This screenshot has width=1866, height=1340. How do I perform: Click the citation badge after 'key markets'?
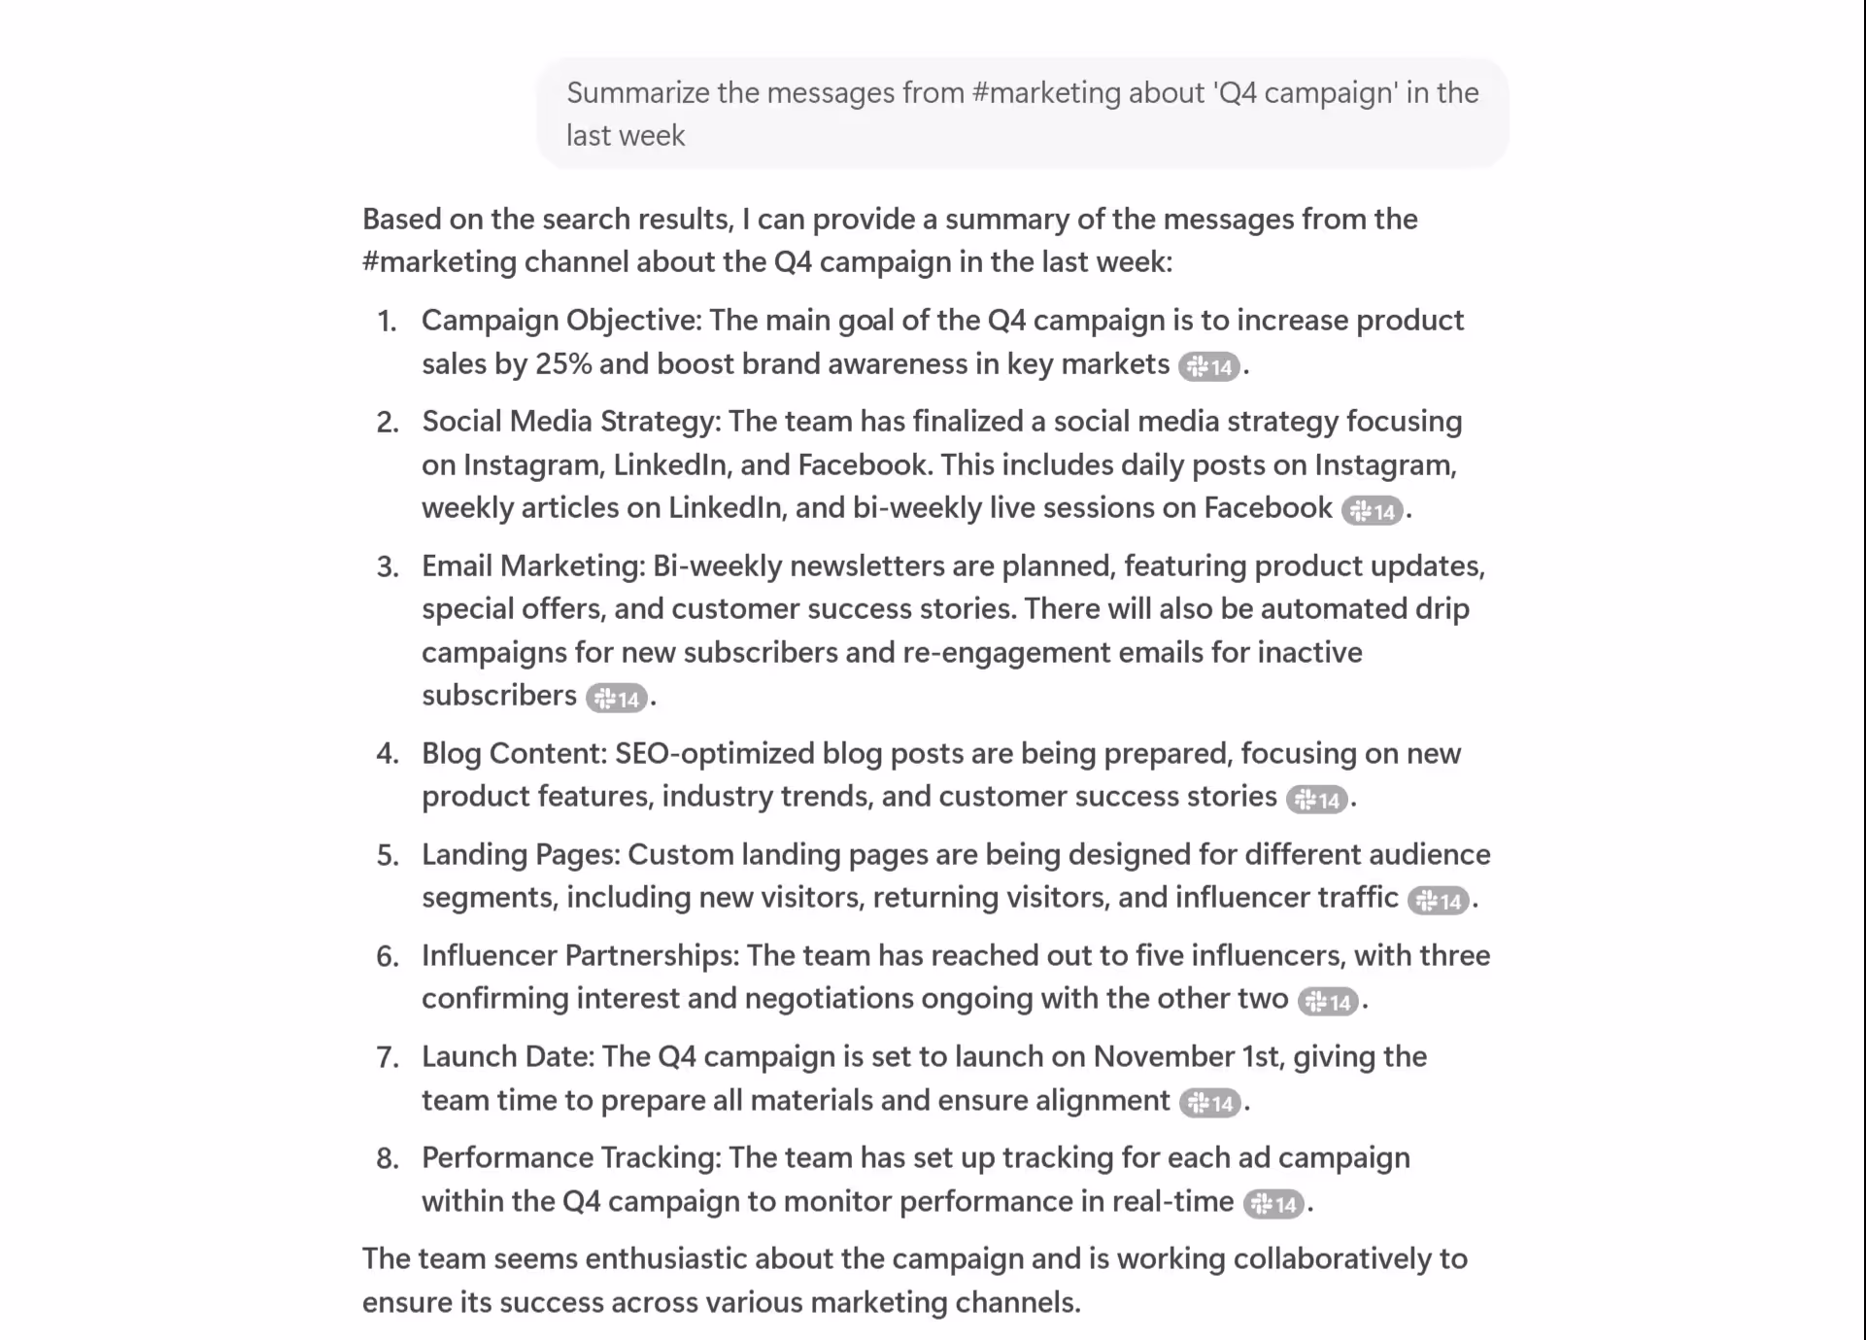pyautogui.click(x=1208, y=366)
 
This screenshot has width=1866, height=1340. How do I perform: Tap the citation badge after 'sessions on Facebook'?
pyautogui.click(x=1372, y=511)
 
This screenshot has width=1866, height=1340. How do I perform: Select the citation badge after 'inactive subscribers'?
pyautogui.click(x=616, y=699)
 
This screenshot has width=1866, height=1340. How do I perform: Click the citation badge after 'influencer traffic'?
pyautogui.click(x=1438, y=901)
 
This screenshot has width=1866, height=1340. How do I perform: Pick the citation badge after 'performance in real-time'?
pyautogui.click(x=1273, y=1205)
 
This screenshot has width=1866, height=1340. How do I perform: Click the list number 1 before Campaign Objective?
pyautogui.click(x=387, y=322)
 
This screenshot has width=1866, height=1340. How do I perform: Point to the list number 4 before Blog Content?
pyautogui.click(x=388, y=754)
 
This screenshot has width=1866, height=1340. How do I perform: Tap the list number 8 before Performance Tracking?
pyautogui.click(x=388, y=1158)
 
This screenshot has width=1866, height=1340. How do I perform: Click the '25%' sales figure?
pyautogui.click(x=563, y=364)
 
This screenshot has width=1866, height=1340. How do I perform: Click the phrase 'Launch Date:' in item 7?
pyautogui.click(x=507, y=1056)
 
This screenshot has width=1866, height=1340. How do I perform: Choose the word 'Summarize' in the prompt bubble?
pyautogui.click(x=638, y=93)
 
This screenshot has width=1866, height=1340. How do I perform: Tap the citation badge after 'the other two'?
pyautogui.click(x=1328, y=1002)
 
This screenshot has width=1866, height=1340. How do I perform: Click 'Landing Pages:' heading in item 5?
pyautogui.click(x=521, y=854)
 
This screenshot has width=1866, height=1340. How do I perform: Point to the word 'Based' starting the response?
pyautogui.click(x=401, y=220)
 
